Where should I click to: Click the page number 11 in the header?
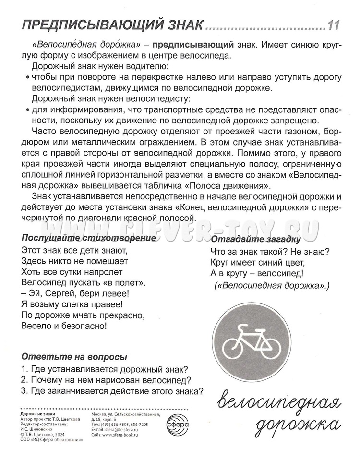pyautogui.click(x=334, y=24)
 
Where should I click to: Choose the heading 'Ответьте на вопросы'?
pyautogui.click(x=74, y=357)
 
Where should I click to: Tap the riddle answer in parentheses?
pyautogui.click(x=272, y=286)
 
